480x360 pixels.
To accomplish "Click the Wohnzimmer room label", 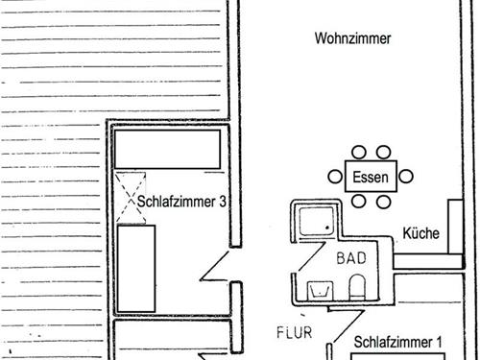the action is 354,38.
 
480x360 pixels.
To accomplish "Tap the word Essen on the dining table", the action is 370,177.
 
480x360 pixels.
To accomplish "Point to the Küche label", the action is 420,233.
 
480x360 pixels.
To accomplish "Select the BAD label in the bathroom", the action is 351,258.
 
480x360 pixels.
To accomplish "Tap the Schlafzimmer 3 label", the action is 182,203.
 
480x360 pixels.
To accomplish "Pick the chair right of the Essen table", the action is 406,177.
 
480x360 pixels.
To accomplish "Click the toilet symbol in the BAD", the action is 356,286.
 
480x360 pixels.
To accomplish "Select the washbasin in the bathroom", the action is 318,288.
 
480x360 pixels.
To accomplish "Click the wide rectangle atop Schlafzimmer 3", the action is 168,149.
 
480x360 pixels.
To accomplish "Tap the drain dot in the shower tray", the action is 328,228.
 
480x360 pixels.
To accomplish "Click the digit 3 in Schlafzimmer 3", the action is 224,203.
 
